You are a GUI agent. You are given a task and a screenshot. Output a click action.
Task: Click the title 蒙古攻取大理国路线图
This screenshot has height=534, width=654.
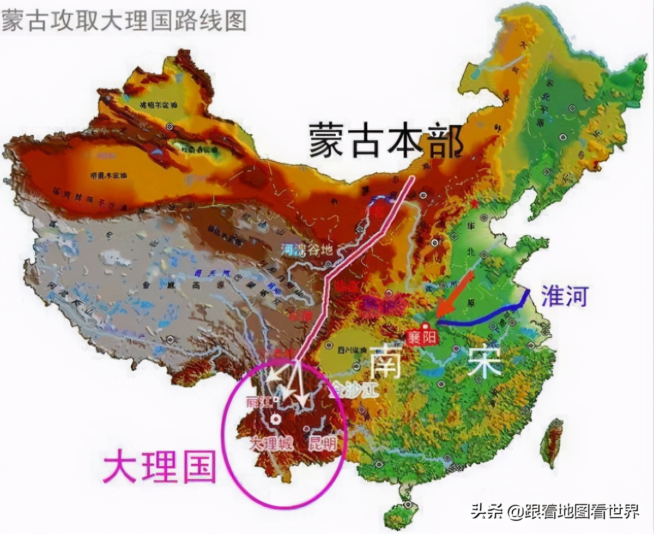coord(124,20)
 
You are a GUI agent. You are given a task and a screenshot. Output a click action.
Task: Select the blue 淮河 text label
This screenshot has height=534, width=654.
coord(565,296)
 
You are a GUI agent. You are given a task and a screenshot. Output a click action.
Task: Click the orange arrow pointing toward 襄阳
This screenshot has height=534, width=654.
coord(455,295)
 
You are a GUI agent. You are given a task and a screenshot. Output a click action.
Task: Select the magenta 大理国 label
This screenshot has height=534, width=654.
coord(160,466)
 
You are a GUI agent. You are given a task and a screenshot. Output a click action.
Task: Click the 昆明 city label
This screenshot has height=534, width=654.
coord(323,443)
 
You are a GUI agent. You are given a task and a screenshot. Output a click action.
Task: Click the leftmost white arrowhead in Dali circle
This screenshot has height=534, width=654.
coord(270,377)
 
